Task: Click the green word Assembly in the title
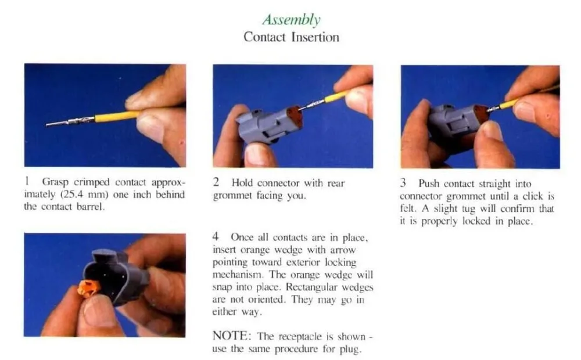[291, 20]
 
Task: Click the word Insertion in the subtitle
[315, 37]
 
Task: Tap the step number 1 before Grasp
[27, 182]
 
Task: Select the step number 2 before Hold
[216, 182]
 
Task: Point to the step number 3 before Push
[403, 183]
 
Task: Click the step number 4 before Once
[216, 236]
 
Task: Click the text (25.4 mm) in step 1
[84, 195]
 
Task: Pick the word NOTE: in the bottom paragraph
[232, 336]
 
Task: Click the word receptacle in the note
[300, 337]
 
